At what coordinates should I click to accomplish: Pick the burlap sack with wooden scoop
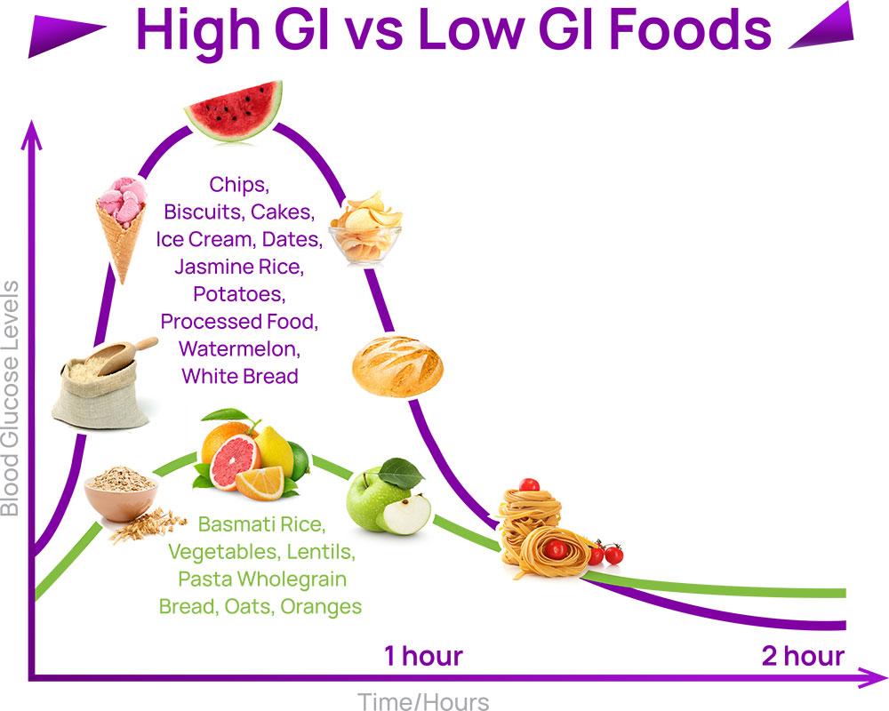96,383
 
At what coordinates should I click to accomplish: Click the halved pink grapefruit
229,459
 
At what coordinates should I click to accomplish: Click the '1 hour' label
423,657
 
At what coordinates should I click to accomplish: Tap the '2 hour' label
802,657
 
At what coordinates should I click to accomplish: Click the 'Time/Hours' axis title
423,701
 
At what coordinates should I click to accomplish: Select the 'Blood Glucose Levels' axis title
11,398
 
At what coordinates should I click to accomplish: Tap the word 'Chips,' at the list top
239,185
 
